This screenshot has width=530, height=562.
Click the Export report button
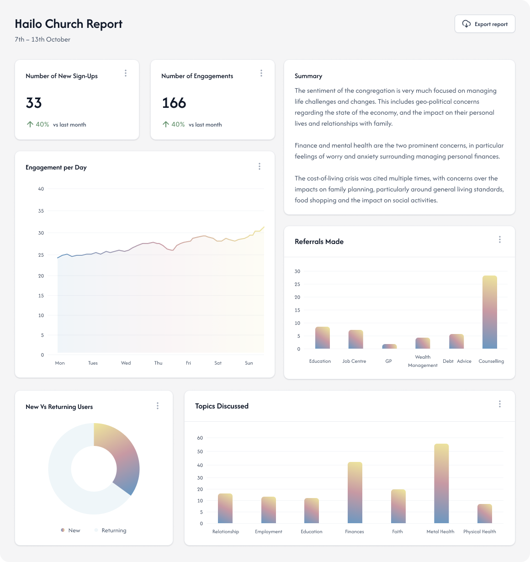click(x=485, y=24)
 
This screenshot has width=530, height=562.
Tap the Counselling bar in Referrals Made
click(x=489, y=312)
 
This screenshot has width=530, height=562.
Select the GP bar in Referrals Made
click(x=389, y=346)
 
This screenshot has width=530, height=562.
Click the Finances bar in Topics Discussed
click(x=355, y=493)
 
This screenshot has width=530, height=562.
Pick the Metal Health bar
click(x=441, y=483)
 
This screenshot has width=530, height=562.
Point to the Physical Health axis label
click(x=479, y=531)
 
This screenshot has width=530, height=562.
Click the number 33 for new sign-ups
click(x=34, y=103)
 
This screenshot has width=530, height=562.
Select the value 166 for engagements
click(x=174, y=103)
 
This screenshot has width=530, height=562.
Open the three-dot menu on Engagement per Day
click(x=260, y=167)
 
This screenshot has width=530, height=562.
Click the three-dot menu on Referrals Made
click(x=500, y=239)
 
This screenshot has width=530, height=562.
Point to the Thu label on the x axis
click(x=158, y=363)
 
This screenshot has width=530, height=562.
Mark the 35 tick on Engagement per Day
click(x=41, y=211)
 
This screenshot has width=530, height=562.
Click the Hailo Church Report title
click(x=69, y=24)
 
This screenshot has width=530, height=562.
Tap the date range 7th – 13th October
click(x=42, y=39)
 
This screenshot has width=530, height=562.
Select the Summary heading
click(x=308, y=76)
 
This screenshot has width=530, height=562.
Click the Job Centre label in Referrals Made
click(x=354, y=361)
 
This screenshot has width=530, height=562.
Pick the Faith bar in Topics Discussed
click(x=398, y=506)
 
